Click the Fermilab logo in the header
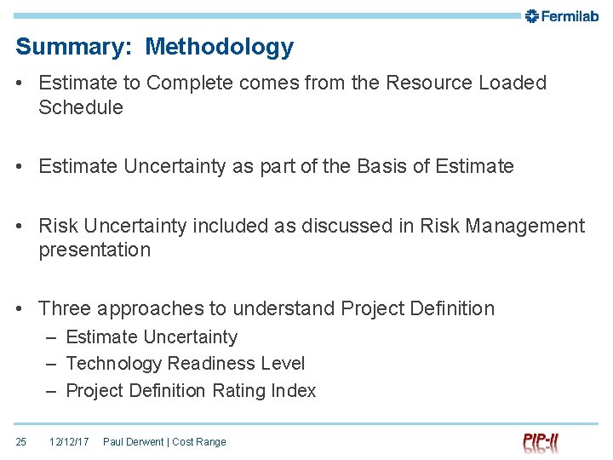563,15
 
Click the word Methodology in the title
219,47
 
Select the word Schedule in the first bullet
81,107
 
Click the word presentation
95,250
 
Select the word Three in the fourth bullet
65,308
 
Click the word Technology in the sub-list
114,364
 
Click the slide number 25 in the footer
21,442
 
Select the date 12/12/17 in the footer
69,442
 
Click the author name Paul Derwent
134,442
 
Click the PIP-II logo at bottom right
541,442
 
